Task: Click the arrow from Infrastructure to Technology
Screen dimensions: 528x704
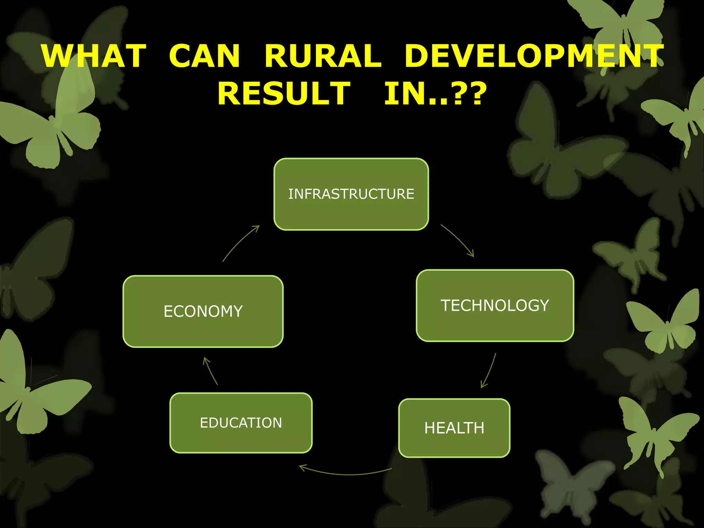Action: click(x=458, y=239)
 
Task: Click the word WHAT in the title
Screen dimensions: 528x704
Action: click(x=94, y=56)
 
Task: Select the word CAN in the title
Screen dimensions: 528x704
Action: click(x=204, y=56)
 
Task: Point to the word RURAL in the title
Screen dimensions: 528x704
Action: click(x=323, y=56)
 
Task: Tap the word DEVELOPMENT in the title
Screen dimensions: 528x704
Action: click(x=534, y=56)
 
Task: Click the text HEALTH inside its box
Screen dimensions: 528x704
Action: click(x=454, y=428)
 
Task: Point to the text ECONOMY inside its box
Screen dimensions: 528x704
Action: click(x=203, y=311)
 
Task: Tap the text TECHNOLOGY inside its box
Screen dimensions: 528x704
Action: click(x=495, y=306)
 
